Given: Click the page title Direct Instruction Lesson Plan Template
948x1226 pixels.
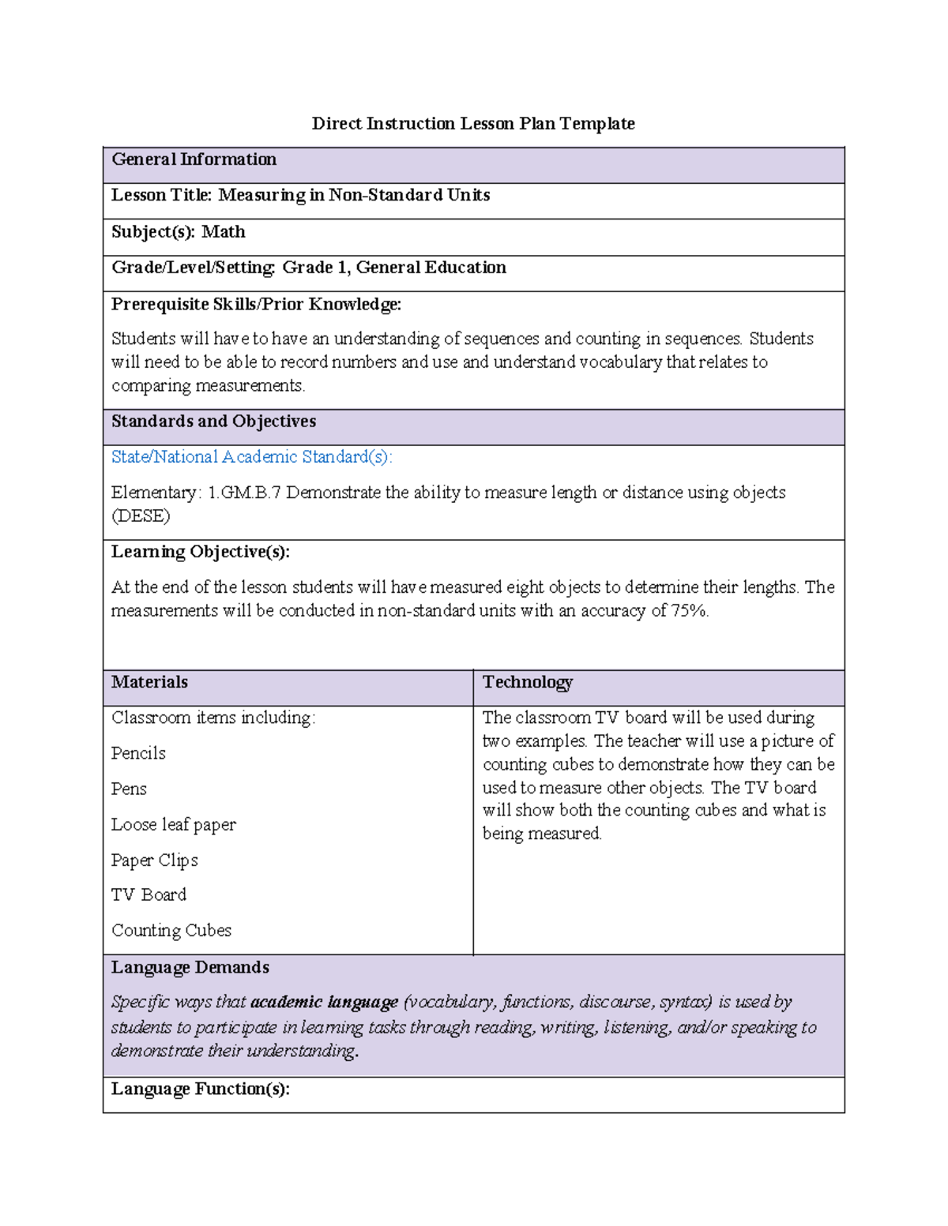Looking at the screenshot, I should (473, 123).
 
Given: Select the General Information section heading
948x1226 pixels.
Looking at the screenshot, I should (194, 159).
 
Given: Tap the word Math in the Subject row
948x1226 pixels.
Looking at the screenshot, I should (224, 232).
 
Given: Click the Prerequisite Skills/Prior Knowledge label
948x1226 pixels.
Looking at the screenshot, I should (256, 304).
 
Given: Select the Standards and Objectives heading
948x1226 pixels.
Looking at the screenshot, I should (213, 422).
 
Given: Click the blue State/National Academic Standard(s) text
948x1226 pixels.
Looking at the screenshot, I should (251, 457).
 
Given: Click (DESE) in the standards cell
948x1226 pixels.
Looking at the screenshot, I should (141, 516).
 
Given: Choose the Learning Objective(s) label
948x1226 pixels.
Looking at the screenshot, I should (200, 552).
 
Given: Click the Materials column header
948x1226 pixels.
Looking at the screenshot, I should (149, 682).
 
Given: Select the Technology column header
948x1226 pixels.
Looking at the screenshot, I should (527, 682).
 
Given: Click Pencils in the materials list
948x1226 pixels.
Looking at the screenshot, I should (138, 753).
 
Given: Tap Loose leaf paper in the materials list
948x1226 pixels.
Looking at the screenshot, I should (173, 824).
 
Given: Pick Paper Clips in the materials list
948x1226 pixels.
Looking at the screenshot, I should (154, 860).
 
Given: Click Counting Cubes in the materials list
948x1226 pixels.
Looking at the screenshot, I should (171, 931).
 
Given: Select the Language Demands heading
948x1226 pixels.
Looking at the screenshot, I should (190, 967).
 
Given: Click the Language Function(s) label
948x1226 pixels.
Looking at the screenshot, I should (200, 1089).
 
